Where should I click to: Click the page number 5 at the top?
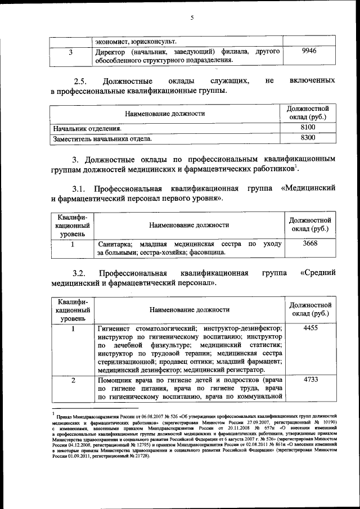point(191,17)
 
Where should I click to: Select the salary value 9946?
point(309,51)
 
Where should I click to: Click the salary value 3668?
point(310,244)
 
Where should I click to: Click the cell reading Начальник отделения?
point(82,128)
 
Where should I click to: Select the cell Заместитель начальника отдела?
point(102,137)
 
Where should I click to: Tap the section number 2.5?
point(83,81)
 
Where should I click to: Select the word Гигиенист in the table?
point(116,328)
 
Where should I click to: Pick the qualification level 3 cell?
point(70,52)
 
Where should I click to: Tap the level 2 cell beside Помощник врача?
point(73,381)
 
